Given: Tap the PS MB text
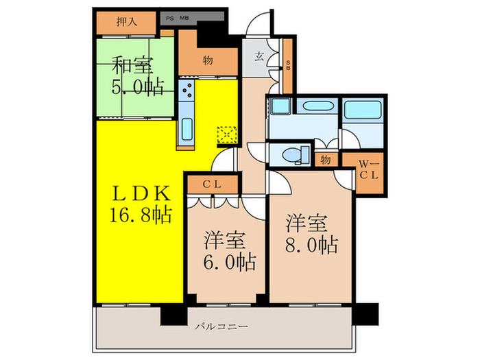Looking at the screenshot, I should pyautogui.click(x=177, y=19).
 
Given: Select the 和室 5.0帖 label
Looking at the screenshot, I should pyautogui.click(x=134, y=77).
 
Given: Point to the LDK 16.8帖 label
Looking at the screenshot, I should pyautogui.click(x=139, y=203).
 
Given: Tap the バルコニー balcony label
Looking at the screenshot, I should pyautogui.click(x=220, y=326).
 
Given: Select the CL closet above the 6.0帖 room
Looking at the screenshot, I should pyautogui.click(x=211, y=184).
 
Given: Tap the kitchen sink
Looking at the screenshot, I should pyautogui.click(x=186, y=128).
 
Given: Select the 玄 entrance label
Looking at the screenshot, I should pyautogui.click(x=261, y=58).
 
